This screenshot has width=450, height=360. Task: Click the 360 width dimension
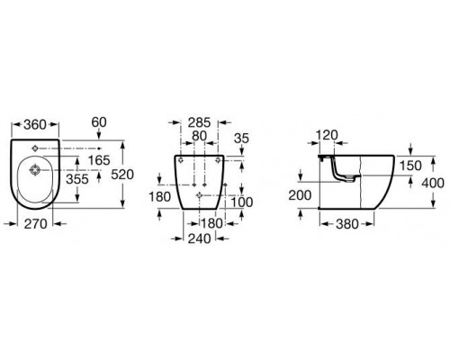coord(35,124)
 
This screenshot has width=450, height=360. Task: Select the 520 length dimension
coord(122,175)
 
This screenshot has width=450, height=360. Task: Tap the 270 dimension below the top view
coord(36,224)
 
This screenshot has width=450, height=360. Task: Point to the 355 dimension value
coord(77,179)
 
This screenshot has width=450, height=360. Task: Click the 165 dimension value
coord(99,160)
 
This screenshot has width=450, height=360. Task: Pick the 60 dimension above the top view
coord(99,122)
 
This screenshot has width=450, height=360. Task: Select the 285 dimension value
coord(200,122)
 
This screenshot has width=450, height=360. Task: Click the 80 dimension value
coord(200,136)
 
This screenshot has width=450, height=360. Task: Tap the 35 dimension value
coord(242,139)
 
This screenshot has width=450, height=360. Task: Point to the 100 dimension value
coord(242,202)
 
